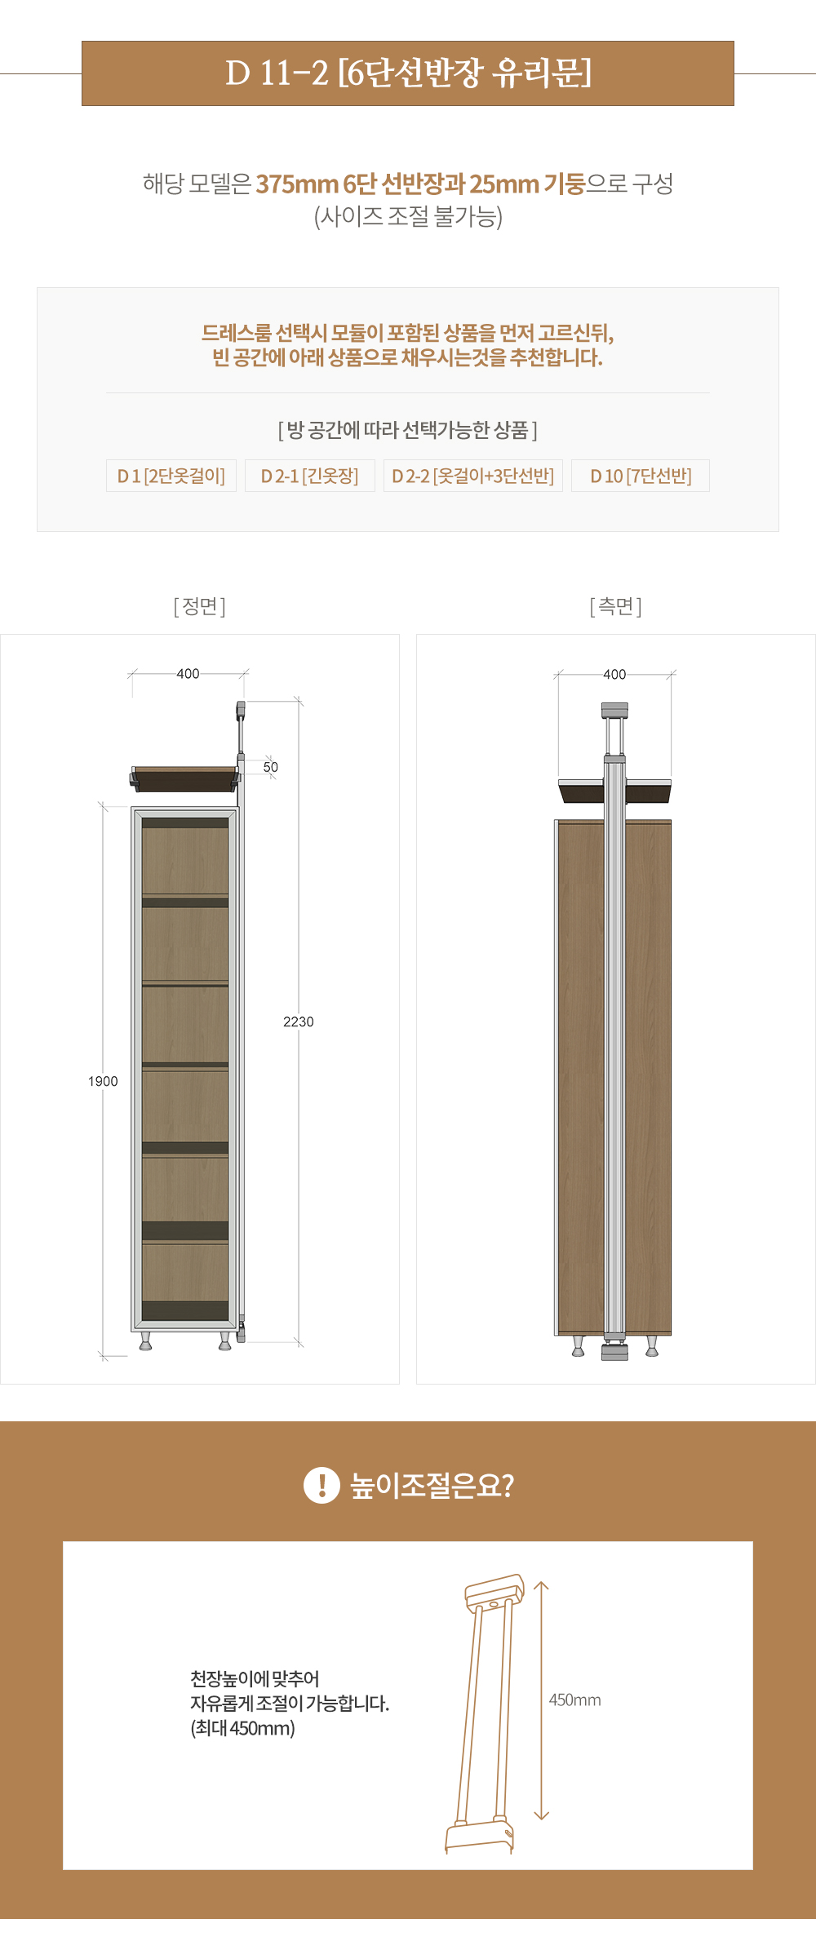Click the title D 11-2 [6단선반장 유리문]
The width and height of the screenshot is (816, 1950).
pyautogui.click(x=408, y=73)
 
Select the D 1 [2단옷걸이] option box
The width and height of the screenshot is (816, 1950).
pyautogui.click(x=171, y=476)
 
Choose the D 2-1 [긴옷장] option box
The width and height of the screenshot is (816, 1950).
pyautogui.click(x=310, y=476)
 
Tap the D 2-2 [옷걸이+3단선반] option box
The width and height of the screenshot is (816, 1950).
pyautogui.click(x=473, y=476)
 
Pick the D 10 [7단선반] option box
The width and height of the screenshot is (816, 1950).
pyautogui.click(x=641, y=476)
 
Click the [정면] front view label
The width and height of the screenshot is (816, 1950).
pyautogui.click(x=200, y=606)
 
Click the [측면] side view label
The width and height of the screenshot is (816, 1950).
pyautogui.click(x=616, y=606)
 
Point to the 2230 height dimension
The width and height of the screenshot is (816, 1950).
pyautogui.click(x=299, y=1022)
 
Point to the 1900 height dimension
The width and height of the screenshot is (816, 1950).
pyautogui.click(x=103, y=1081)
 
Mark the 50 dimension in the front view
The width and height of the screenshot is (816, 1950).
pyautogui.click(x=271, y=767)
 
